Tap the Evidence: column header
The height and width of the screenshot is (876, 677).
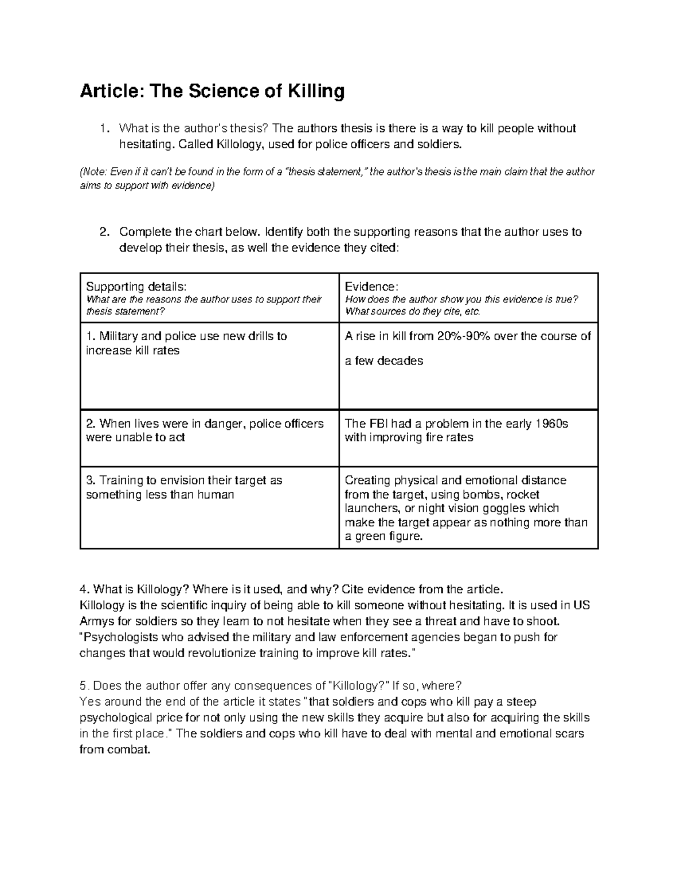371,287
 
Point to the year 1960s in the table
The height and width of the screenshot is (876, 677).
551,424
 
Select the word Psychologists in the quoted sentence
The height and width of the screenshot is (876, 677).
119,638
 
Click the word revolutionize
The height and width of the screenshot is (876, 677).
217,654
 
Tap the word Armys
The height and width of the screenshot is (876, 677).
96,622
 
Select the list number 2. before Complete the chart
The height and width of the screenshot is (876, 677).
104,232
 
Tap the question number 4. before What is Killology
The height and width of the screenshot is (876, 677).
85,590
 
